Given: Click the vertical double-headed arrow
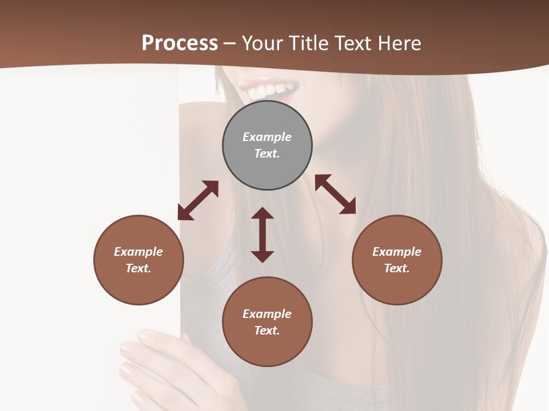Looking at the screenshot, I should [262, 235].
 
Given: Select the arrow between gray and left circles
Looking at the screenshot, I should [198, 200].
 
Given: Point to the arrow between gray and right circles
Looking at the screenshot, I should [335, 194].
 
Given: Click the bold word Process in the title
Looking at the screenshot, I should [180, 43].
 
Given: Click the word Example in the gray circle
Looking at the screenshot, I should [267, 137].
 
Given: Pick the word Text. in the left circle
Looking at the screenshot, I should [138, 268].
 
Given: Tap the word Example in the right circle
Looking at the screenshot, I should [397, 252].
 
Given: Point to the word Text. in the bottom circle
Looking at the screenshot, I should [267, 331].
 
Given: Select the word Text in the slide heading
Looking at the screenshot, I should [352, 43].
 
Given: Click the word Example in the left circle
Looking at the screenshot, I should [138, 252].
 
